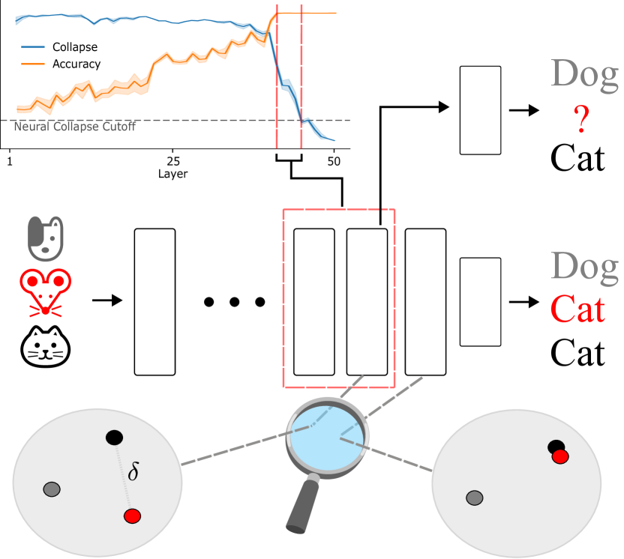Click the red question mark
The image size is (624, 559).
click(581, 120)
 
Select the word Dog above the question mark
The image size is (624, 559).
click(584, 74)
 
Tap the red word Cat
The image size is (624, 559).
click(577, 308)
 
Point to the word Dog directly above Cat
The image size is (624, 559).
click(584, 267)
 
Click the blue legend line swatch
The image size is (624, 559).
click(33, 46)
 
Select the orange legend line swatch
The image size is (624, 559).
click(33, 64)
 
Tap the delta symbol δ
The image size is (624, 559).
click(133, 473)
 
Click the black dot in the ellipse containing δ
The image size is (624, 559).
click(114, 437)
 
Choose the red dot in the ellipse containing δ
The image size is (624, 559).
click(133, 516)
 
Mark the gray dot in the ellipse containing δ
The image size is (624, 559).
click(52, 489)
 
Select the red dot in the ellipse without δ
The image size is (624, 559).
click(559, 456)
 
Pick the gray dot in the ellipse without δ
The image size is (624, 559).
click(474, 498)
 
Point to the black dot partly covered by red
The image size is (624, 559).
click(555, 447)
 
